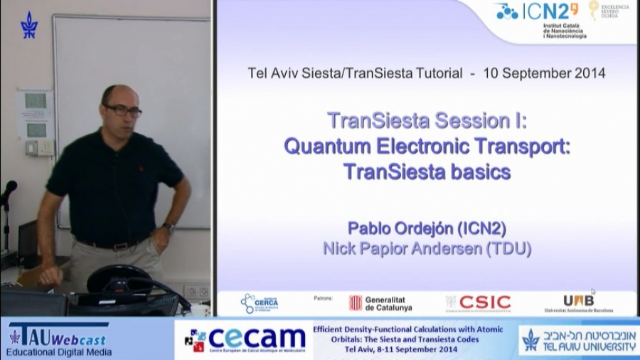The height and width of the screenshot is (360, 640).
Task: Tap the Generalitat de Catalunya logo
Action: coord(380,303)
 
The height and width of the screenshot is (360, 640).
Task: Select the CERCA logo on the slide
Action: coord(259,303)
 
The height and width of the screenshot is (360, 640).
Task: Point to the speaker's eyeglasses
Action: coord(123,110)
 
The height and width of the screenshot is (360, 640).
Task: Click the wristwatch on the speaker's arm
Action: coord(169,228)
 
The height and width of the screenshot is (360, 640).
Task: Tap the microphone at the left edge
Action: coord(8,190)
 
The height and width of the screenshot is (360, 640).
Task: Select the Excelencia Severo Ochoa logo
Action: coord(608,11)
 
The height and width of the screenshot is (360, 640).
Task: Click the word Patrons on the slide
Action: coord(324,298)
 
